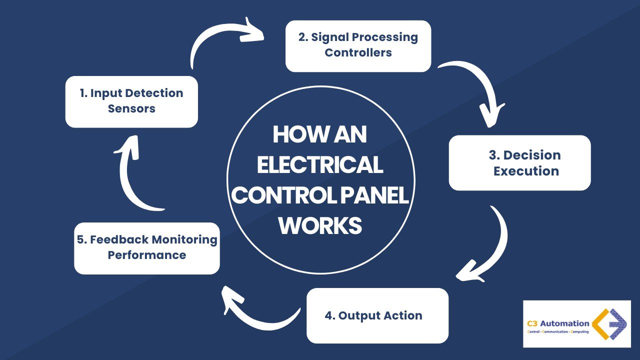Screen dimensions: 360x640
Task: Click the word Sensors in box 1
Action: (131, 109)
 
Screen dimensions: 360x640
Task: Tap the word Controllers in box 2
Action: (358, 52)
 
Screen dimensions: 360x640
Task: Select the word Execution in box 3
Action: (526, 171)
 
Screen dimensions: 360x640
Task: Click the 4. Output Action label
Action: (373, 315)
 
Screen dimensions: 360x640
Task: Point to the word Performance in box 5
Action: (147, 255)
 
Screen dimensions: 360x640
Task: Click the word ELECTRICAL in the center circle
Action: (320, 165)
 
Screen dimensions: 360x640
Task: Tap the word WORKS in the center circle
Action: (320, 225)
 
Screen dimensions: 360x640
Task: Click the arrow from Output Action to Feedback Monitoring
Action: (255, 312)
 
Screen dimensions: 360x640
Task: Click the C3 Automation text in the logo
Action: (558, 323)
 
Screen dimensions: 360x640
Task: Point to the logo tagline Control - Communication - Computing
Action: (558, 332)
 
